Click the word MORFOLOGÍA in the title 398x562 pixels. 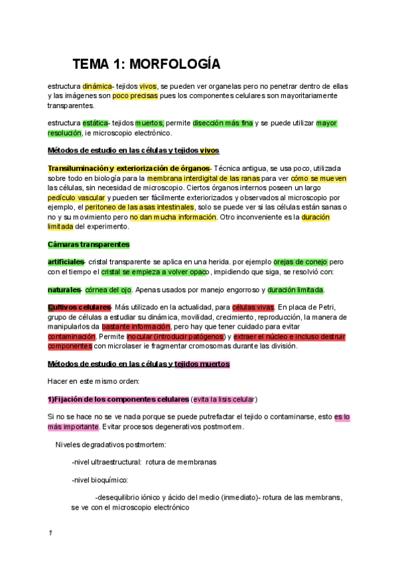[x=174, y=64]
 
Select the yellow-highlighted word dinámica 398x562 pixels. [x=98, y=86]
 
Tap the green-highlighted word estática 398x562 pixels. [x=96, y=123]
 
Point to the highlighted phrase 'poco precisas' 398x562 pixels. [x=135, y=96]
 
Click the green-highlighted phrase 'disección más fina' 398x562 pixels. [x=223, y=123]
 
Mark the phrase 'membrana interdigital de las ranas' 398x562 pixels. [x=204, y=179]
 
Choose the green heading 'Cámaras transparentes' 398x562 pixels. [x=88, y=245]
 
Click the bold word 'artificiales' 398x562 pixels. [x=66, y=262]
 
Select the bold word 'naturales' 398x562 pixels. [x=64, y=290]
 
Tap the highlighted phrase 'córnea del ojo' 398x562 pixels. [x=108, y=290]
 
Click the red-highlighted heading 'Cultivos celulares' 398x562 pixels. [x=79, y=308]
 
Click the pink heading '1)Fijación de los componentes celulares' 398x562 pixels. [x=118, y=400]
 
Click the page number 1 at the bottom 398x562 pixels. [x=50, y=533]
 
